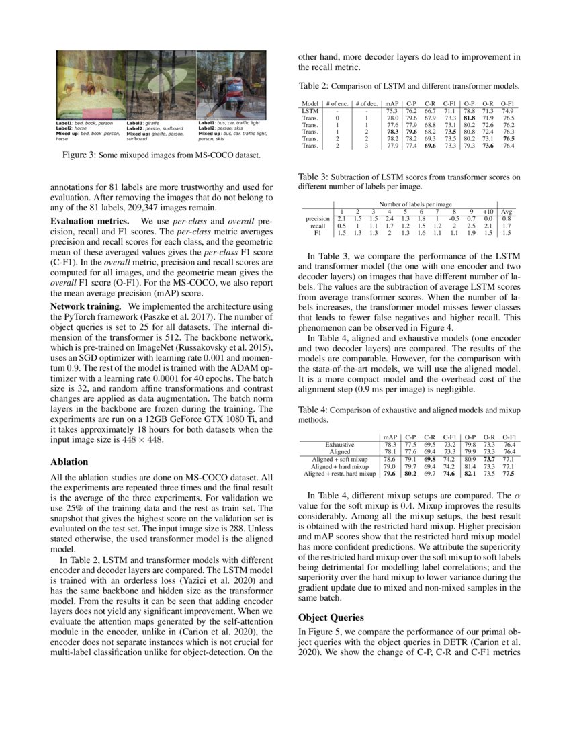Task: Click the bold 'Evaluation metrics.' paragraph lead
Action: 91,222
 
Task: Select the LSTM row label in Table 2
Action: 310,111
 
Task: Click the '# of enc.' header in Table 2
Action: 340,103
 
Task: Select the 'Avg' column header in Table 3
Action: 507,211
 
